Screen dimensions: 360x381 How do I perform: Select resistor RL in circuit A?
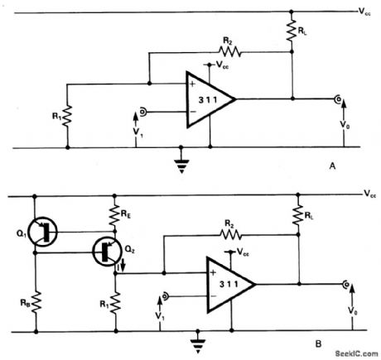point(292,31)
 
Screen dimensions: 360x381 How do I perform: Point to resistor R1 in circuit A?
point(65,114)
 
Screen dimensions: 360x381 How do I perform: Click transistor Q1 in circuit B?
point(41,232)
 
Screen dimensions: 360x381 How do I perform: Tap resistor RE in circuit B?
point(115,218)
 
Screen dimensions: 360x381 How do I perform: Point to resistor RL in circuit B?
point(295,217)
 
